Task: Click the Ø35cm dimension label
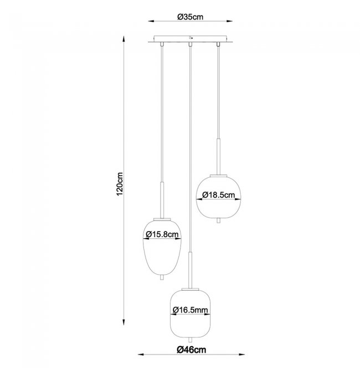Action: [190, 17]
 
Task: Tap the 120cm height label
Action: [120, 184]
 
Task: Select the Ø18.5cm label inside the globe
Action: [218, 195]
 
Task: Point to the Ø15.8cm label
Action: [162, 234]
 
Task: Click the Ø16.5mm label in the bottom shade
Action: [190, 310]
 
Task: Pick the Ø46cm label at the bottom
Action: [192, 350]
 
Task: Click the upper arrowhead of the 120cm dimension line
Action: [124, 39]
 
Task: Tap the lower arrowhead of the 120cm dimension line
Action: [124, 322]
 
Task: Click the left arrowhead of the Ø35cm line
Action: [151, 21]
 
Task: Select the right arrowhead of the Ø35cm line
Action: [229, 21]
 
